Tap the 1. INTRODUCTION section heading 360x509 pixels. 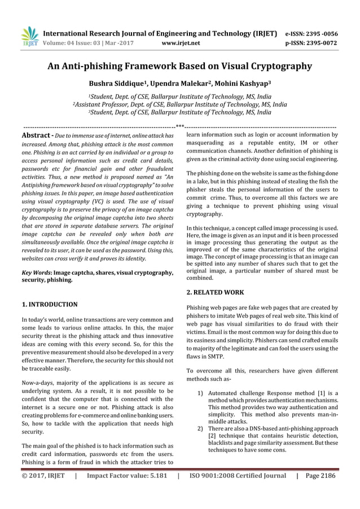click(50, 304)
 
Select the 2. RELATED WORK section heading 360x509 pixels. click(215, 292)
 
